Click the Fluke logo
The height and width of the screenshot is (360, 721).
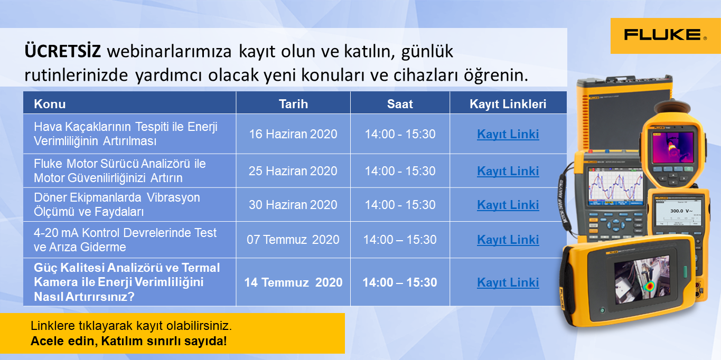coord(666,35)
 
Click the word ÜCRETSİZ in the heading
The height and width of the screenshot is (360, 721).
coord(63,51)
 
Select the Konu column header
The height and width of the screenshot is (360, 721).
coord(50,104)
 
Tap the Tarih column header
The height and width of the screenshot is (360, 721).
coord(293,104)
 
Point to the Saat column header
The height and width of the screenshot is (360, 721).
coord(400,104)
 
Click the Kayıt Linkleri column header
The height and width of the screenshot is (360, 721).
coord(508,104)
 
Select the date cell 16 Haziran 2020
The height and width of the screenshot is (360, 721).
coord(293,134)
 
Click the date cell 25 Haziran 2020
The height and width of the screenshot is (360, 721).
coord(293,171)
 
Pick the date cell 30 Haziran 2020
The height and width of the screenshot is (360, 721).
coord(293,205)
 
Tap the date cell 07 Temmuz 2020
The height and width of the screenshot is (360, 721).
coord(293,240)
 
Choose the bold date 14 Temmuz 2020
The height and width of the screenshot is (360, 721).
coord(293,282)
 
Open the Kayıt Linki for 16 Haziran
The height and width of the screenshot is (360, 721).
coord(508,134)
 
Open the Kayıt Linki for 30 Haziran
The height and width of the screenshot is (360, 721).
coord(508,205)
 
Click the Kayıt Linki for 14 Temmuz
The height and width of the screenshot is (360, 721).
coord(508,282)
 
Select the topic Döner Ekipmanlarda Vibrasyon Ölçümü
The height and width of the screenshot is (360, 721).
coord(117,205)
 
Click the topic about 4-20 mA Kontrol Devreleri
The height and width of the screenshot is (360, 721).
coord(125,240)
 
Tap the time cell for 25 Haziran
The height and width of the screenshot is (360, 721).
coord(400,171)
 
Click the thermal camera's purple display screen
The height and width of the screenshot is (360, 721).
coord(673,148)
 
